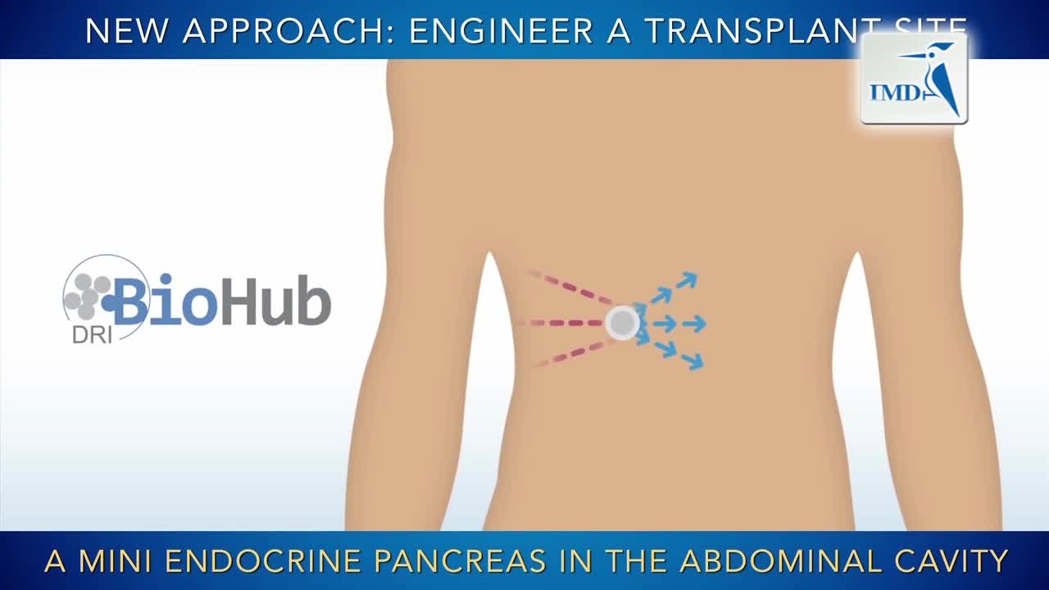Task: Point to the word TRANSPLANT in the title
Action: (x=755, y=30)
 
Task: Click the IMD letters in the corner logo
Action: (x=895, y=93)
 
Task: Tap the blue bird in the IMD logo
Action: (x=941, y=78)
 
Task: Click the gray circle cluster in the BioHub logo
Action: (x=87, y=296)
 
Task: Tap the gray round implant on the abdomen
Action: (x=622, y=322)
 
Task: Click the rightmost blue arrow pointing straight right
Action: (x=694, y=324)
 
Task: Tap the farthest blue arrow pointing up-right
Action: (x=687, y=280)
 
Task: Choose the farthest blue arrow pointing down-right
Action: (x=693, y=361)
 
